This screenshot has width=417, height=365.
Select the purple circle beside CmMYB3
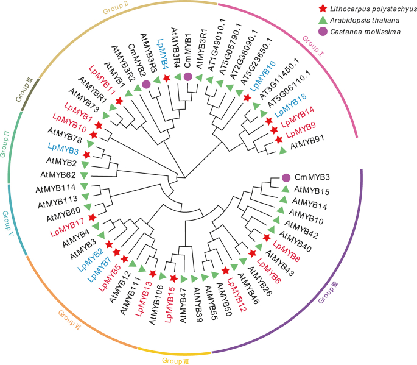[x=287, y=177]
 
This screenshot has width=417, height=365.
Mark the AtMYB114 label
[x=58, y=187]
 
